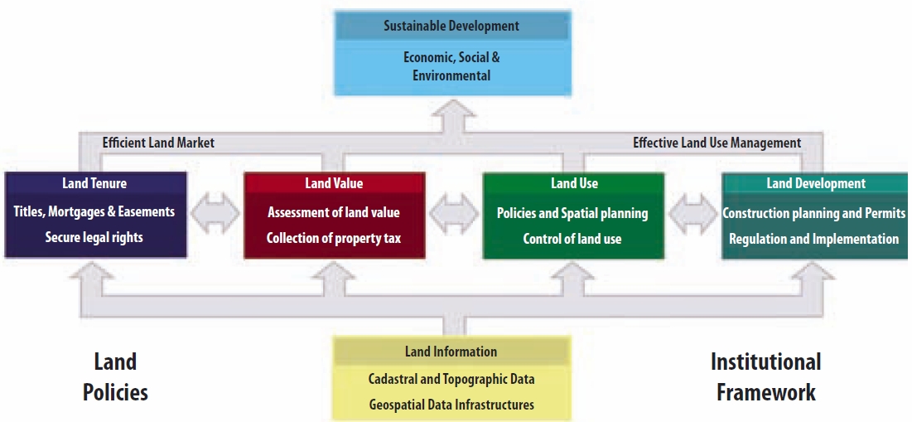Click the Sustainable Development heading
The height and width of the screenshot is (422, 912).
(451, 27)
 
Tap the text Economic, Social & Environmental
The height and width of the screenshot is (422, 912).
(451, 66)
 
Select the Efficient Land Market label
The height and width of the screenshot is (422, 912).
(158, 143)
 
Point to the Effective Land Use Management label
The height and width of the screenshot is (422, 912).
(717, 143)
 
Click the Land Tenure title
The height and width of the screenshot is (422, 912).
(94, 183)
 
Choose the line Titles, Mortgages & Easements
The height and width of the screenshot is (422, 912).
(94, 211)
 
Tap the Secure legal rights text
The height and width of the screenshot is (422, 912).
(94, 237)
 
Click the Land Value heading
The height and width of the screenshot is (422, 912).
(334, 183)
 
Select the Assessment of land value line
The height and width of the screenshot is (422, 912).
(334, 212)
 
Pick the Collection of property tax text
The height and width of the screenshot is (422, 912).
(334, 239)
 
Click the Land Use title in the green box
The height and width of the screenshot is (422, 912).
(574, 183)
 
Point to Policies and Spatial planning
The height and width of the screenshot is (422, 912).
(572, 213)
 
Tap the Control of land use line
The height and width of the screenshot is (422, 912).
(572, 239)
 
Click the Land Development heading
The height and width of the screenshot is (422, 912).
(816, 183)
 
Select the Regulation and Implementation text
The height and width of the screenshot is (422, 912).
(813, 239)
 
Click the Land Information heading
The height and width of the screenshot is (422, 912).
(451, 352)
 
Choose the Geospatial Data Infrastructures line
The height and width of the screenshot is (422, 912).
(451, 405)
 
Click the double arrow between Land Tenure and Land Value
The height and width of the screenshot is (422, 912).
(215, 214)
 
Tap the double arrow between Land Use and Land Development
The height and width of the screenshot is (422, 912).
(692, 214)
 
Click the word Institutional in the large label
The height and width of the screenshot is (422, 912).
(766, 362)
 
